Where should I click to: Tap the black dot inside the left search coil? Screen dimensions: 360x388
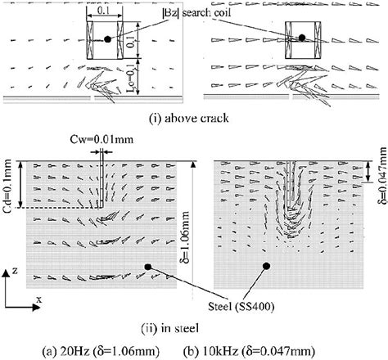click(106, 39)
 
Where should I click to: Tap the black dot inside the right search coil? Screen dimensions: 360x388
click(302, 38)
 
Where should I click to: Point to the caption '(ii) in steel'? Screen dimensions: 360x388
click(195, 329)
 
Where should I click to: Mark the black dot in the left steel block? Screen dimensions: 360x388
click(148, 267)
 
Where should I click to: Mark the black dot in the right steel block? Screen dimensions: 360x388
click(266, 266)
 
